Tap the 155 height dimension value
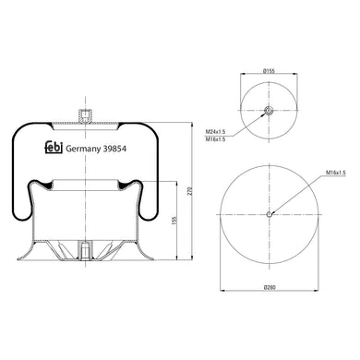tap(174, 223)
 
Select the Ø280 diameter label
tap(270, 290)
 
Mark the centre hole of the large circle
tap(270, 216)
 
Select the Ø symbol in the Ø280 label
tap(263, 290)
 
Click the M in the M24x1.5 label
tap(205, 133)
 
